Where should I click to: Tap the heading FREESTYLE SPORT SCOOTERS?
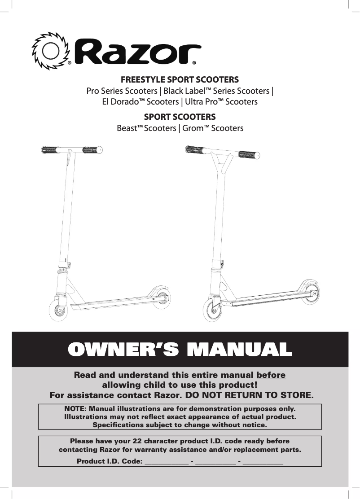180,80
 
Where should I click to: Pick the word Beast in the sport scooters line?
127,128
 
